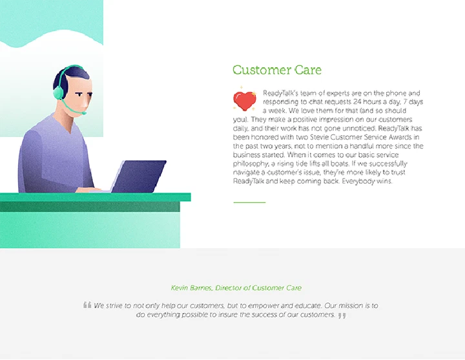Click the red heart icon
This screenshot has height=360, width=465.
click(x=245, y=101)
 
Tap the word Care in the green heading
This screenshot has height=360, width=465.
click(x=308, y=70)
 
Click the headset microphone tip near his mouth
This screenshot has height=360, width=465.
click(x=84, y=113)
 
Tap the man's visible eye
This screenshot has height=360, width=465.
click(x=79, y=94)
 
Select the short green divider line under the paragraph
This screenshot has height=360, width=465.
click(x=249, y=202)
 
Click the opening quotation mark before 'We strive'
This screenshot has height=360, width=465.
click(x=87, y=305)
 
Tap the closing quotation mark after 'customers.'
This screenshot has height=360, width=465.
click(x=342, y=315)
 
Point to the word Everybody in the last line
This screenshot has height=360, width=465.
click(x=358, y=182)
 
